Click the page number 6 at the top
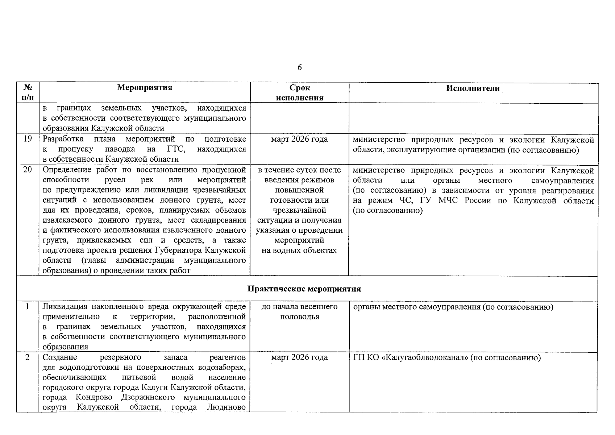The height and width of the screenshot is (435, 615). pyautogui.click(x=299, y=67)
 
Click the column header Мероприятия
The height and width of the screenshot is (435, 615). pyautogui.click(x=145, y=87)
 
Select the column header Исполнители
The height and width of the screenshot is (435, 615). pyautogui.click(x=473, y=88)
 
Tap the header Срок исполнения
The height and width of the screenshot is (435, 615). pyautogui.click(x=299, y=93)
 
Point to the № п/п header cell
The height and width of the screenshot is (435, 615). pyautogui.click(x=28, y=92)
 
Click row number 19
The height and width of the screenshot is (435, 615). pyautogui.click(x=28, y=139)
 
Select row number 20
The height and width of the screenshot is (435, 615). pyautogui.click(x=28, y=170)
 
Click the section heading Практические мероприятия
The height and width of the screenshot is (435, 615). pyautogui.click(x=304, y=289)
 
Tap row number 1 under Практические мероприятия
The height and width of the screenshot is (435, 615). pyautogui.click(x=28, y=307)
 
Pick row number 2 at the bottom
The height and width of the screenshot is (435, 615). pyautogui.click(x=28, y=357)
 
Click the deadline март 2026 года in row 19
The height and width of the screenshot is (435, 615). pyautogui.click(x=299, y=139)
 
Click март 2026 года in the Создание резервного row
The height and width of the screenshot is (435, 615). pyautogui.click(x=299, y=357)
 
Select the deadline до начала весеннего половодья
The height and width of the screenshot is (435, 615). pyautogui.click(x=299, y=312)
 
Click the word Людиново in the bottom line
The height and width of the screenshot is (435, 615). pyautogui.click(x=226, y=407)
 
